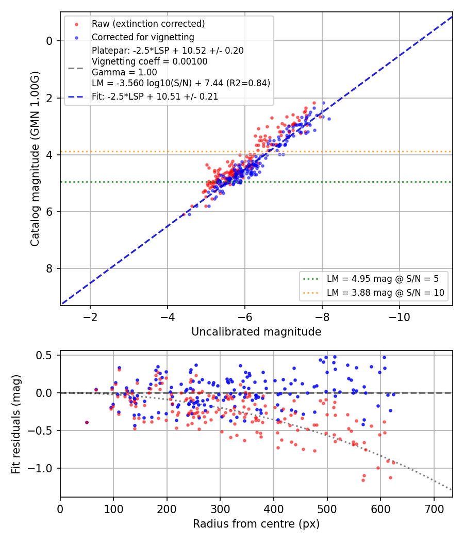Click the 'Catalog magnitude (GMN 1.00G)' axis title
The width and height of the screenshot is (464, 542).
[35, 158]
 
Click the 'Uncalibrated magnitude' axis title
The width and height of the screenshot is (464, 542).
[256, 332]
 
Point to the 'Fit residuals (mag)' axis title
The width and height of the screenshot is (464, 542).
[16, 424]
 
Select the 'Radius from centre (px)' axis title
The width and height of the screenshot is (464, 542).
[256, 524]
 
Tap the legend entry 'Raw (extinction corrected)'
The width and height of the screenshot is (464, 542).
[148, 24]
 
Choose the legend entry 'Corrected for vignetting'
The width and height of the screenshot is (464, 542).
[143, 37]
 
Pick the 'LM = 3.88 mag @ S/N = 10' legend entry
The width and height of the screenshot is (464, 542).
[385, 293]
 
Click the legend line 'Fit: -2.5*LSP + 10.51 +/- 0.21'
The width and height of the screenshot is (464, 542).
[155, 97]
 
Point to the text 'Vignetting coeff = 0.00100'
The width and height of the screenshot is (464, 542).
[150, 61]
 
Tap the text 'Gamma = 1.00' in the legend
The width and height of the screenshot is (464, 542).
[124, 72]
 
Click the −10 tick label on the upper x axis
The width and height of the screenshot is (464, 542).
[400, 317]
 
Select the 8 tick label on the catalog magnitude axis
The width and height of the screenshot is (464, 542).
[49, 268]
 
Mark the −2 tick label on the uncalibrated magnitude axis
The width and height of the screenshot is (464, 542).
[90, 317]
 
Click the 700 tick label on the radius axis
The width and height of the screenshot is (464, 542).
[434, 509]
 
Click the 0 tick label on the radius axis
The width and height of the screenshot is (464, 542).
[60, 509]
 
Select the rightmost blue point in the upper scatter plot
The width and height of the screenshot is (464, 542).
[329, 119]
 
